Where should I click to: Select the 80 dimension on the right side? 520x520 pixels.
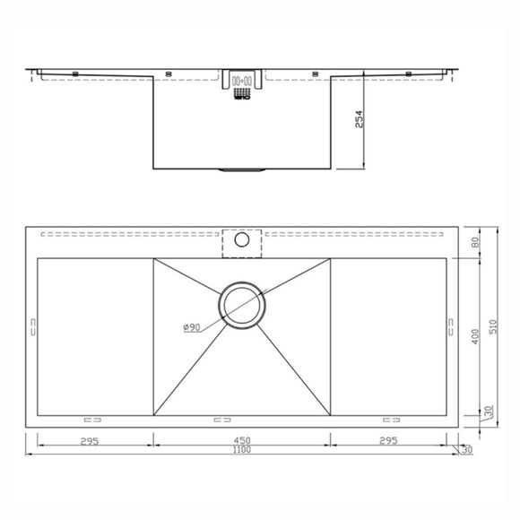[x=475, y=242]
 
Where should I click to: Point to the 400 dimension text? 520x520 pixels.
[x=475, y=336]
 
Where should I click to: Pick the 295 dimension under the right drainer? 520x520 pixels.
[x=386, y=440]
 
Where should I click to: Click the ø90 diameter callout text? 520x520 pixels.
[x=191, y=327]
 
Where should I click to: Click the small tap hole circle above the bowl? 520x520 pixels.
[x=241, y=240]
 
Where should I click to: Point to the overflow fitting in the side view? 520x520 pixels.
[x=240, y=87]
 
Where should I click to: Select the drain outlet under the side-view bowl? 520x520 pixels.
[x=240, y=169]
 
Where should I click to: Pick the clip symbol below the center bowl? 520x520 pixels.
[x=221, y=418]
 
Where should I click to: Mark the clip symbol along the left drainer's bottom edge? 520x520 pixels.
[x=91, y=418]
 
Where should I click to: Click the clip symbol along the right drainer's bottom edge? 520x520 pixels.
[x=392, y=418]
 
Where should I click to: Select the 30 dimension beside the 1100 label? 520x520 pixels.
[x=466, y=450]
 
